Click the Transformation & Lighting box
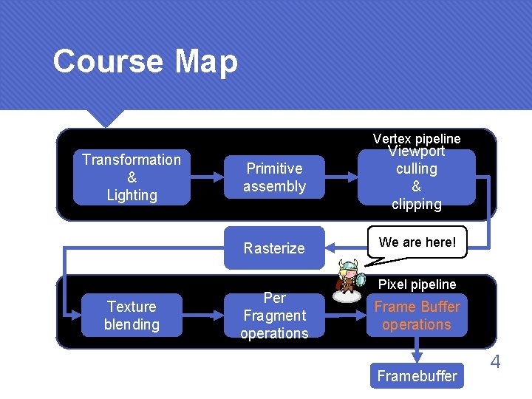click(132, 177)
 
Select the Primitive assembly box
click(274, 177)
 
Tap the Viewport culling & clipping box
click(416, 177)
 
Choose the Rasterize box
click(274, 248)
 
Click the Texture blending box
click(132, 316)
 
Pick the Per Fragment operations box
click(274, 316)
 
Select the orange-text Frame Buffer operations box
click(417, 316)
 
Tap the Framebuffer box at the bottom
click(417, 376)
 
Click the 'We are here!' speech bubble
click(417, 242)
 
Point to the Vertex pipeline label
click(417, 139)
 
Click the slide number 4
click(496, 362)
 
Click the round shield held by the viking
click(360, 281)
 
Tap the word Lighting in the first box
click(132, 195)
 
